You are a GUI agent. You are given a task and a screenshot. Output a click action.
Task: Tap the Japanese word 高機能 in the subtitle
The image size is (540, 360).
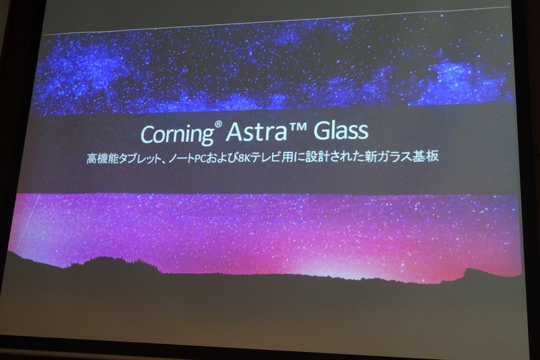(103, 159)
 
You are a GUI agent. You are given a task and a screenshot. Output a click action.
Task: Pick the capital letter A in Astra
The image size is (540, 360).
(234, 131)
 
